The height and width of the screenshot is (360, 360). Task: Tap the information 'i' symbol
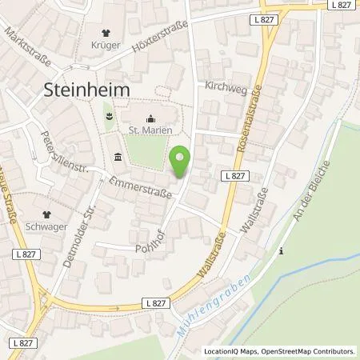(x=281, y=251)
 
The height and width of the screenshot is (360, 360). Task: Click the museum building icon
(x=118, y=154)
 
